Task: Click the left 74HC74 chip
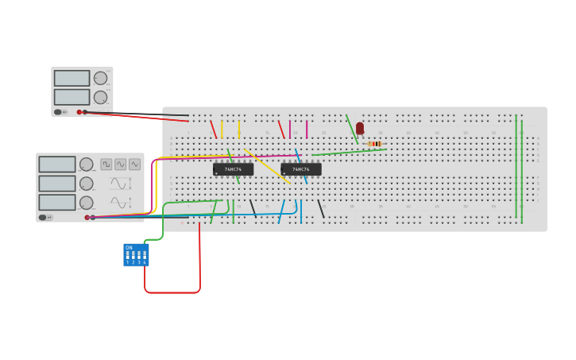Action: tap(233, 169)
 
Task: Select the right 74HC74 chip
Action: tap(301, 169)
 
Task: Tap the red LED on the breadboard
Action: tap(360, 128)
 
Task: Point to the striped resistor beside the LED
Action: tap(375, 144)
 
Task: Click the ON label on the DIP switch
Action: tap(129, 248)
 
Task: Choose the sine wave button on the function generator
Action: tap(121, 165)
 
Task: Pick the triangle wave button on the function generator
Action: tap(135, 165)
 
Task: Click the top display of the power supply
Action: tap(72, 78)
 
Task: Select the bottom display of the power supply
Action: tap(72, 97)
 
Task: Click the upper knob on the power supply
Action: tap(100, 78)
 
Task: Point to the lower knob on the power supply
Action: tap(100, 98)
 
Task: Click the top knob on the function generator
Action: tap(86, 165)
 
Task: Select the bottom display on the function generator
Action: tap(57, 203)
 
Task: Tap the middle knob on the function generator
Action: tap(86, 184)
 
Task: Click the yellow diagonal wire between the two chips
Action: tap(267, 166)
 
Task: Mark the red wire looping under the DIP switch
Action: tap(172, 292)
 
